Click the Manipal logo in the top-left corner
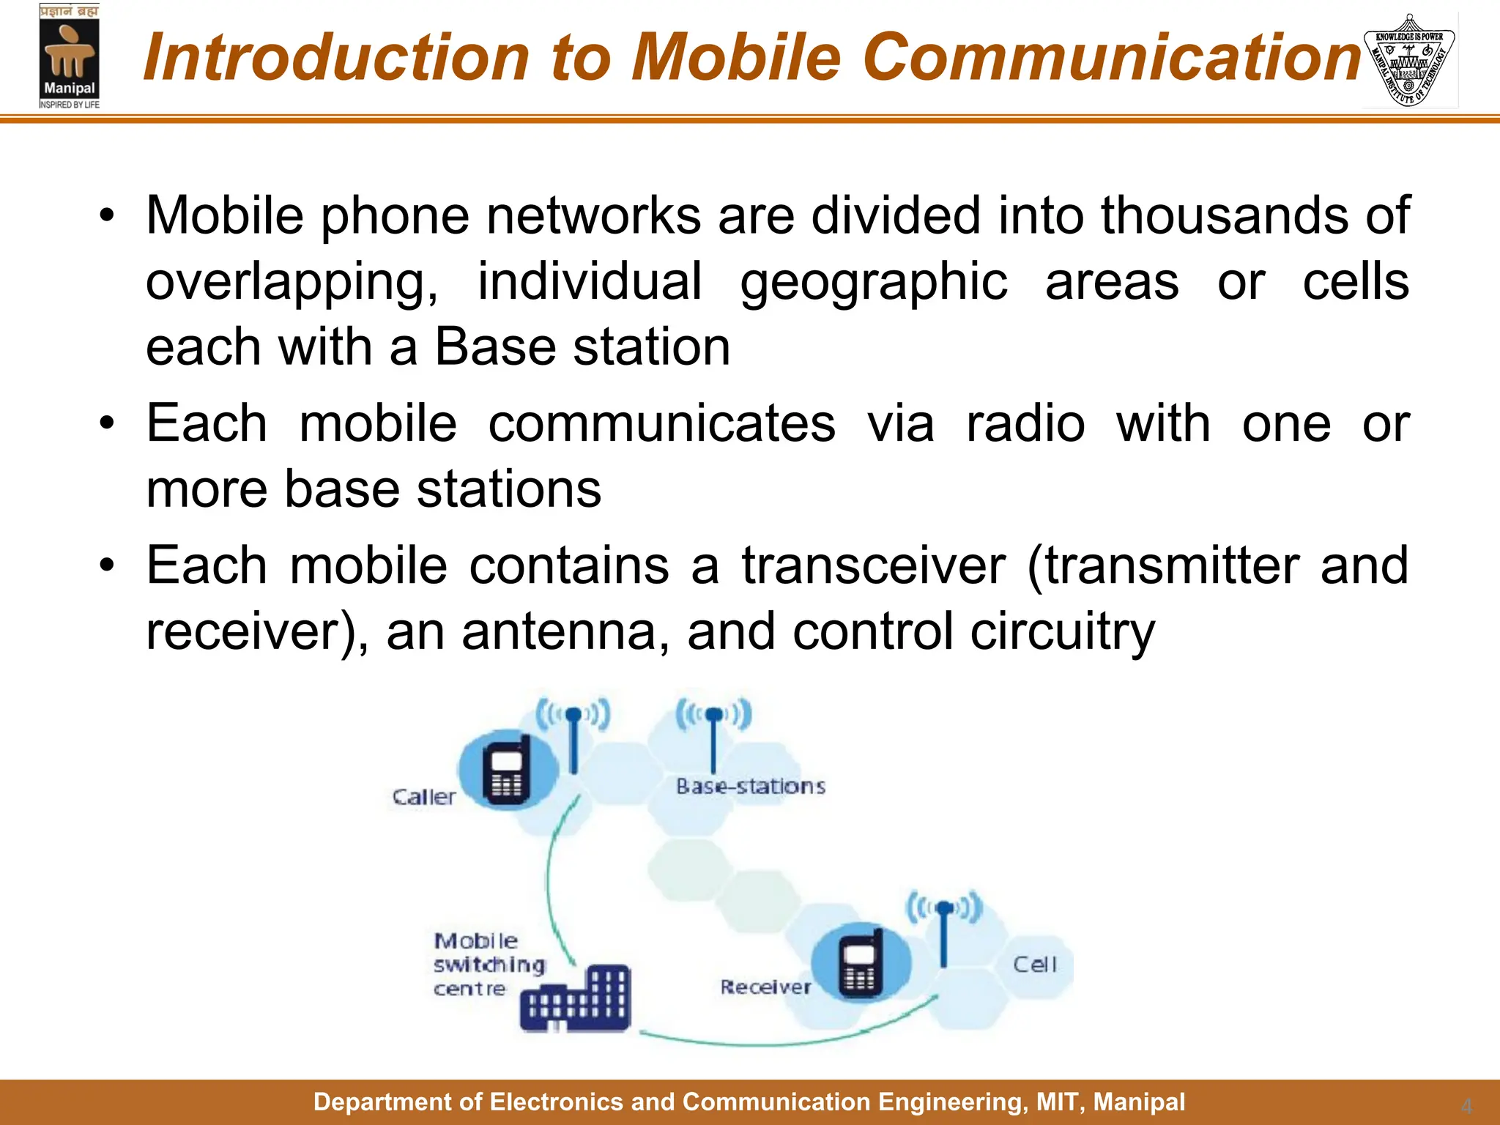pos(69,57)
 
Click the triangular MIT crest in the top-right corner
pos(1409,60)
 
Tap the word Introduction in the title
pos(336,57)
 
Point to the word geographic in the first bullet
pos(873,283)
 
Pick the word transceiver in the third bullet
pos(873,565)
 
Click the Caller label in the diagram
pos(423,797)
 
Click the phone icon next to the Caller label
pos(507,773)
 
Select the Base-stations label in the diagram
pos(750,787)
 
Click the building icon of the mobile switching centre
pos(576,999)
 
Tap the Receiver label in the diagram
pos(765,987)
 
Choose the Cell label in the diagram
pos(1034,965)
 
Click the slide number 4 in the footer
pos(1466,1105)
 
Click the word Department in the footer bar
pos(371,1102)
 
